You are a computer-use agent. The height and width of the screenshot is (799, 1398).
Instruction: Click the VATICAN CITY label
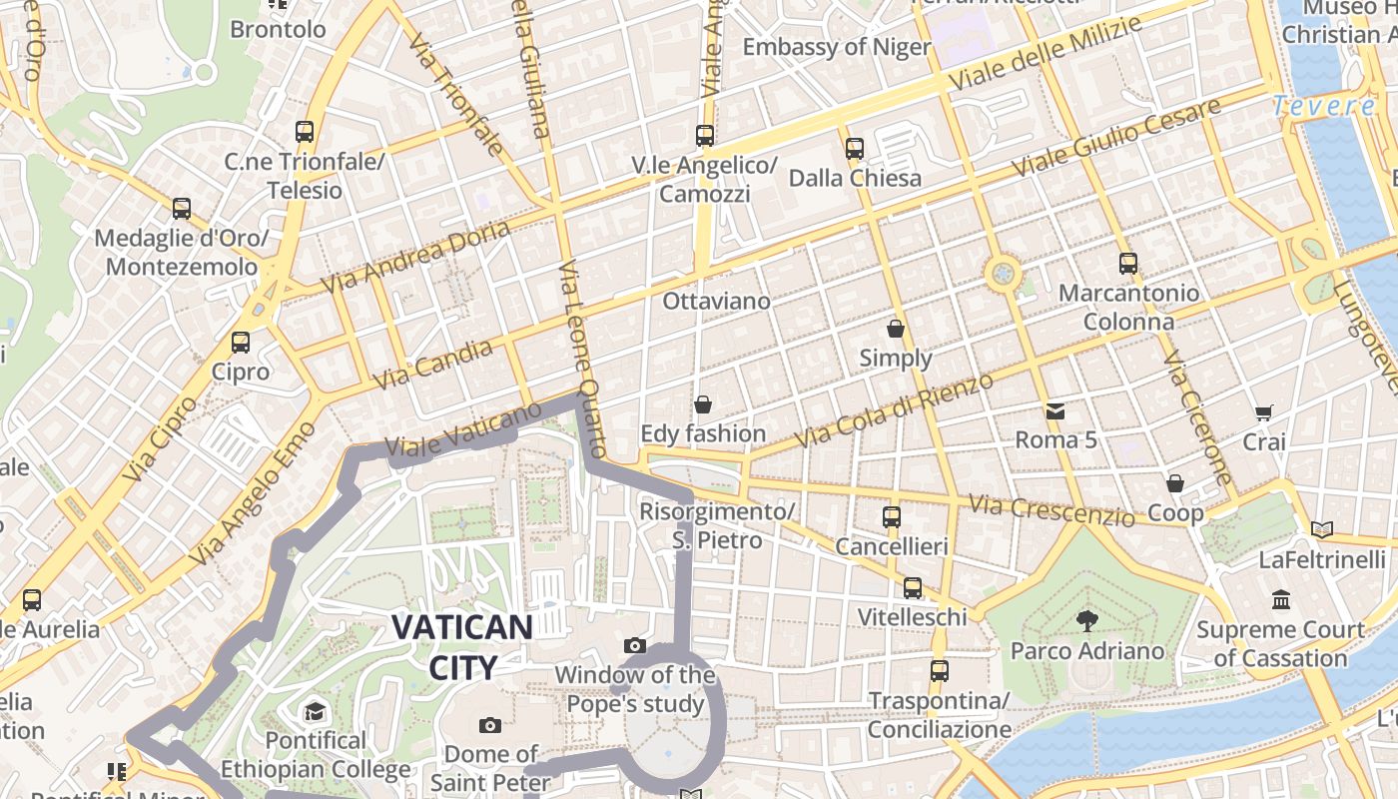[x=461, y=646]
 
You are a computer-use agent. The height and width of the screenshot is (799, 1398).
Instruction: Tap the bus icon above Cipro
[x=240, y=343]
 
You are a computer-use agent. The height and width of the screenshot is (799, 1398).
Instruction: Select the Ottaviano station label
[x=717, y=301]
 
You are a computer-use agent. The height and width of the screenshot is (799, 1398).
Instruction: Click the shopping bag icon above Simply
[x=896, y=328]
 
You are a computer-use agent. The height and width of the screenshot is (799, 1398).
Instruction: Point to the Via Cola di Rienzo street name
[x=894, y=409]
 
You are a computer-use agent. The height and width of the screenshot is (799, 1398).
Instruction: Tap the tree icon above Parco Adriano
[x=1086, y=621]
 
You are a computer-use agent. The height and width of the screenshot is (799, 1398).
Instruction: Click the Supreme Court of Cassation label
[x=1280, y=644]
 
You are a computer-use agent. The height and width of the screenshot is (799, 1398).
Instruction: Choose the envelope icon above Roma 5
[x=1055, y=410]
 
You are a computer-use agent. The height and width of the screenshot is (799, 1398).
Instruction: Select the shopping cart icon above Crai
[x=1264, y=411]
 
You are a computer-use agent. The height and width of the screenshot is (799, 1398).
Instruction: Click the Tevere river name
[x=1324, y=106]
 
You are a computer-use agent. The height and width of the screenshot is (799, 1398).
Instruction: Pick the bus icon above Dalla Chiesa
[x=855, y=149]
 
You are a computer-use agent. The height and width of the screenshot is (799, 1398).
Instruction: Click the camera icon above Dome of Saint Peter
[x=489, y=725]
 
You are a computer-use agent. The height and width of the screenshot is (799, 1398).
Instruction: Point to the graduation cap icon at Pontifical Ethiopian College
[x=316, y=711]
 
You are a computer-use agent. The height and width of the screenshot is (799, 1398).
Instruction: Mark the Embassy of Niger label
[x=836, y=47]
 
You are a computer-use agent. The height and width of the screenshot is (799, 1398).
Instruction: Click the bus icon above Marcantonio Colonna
[x=1128, y=264]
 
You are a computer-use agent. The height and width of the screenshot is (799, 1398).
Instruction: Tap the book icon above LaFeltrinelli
[x=1322, y=529]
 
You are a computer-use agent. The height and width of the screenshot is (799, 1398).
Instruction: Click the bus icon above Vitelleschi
[x=913, y=588]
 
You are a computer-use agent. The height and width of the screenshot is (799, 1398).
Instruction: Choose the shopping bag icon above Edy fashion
[x=703, y=404]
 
